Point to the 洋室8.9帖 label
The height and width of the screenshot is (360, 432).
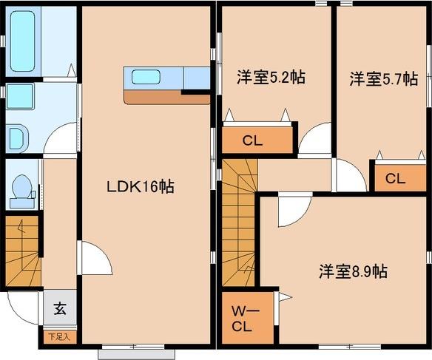354,271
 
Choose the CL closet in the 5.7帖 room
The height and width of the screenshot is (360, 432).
395,178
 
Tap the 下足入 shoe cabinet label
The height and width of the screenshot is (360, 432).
58,337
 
